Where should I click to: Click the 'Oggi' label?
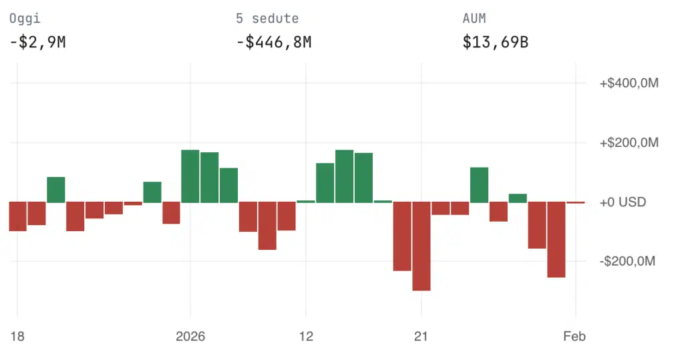tap(23, 19)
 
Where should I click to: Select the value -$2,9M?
tap(37, 43)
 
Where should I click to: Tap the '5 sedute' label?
tap(267, 19)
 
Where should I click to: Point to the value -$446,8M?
tap(274, 43)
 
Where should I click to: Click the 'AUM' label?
tap(474, 19)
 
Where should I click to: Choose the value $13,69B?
tap(496, 43)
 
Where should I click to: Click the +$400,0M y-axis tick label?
tap(629, 83)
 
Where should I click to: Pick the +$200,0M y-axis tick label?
tap(629, 143)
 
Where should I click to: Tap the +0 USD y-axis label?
tap(623, 202)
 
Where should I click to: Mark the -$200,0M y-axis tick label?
tap(629, 261)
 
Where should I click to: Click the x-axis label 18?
tap(17, 337)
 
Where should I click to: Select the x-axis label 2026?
tap(190, 337)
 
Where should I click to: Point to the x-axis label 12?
tap(306, 337)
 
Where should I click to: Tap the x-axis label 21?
tap(421, 337)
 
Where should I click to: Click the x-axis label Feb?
tap(574, 337)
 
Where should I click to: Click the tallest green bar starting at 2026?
tap(190, 176)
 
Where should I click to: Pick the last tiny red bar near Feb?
tap(576, 202)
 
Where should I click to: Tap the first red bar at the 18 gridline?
tap(17, 216)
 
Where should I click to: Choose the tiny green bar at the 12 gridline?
tap(306, 201)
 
